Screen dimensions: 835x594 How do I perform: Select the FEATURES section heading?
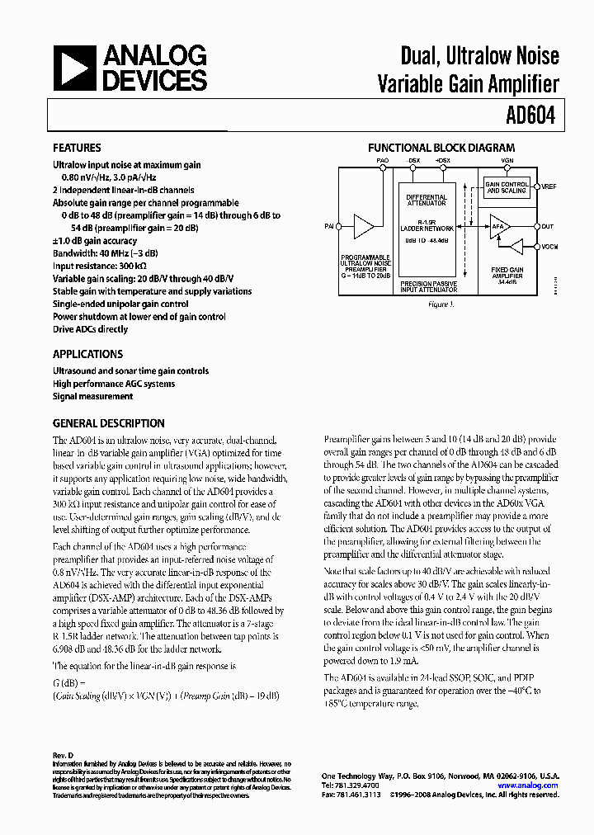(77, 149)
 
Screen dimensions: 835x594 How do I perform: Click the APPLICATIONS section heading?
(87, 354)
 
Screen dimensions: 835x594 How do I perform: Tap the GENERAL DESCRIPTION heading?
(108, 423)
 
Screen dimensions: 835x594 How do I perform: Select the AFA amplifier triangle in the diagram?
(498, 225)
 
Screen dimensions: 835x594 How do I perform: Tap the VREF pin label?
(549, 187)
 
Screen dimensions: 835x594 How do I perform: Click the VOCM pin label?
(550, 247)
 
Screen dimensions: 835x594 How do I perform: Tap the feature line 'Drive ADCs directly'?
(90, 329)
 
